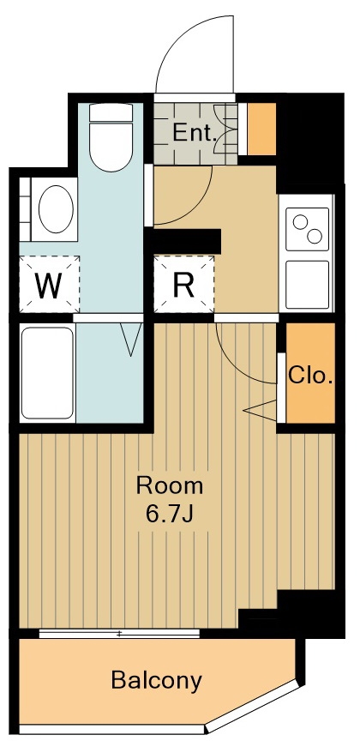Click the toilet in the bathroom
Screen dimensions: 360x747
(x=111, y=137)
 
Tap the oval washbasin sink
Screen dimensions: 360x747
(x=57, y=209)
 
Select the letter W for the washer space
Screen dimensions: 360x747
(x=49, y=285)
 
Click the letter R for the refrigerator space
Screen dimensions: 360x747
(x=183, y=285)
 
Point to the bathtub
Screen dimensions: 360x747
(x=47, y=372)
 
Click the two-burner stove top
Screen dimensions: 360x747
(x=307, y=229)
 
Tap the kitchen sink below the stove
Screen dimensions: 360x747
(x=307, y=285)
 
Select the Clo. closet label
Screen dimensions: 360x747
(x=310, y=377)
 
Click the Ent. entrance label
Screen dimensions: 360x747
(x=194, y=133)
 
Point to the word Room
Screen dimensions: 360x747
(x=170, y=486)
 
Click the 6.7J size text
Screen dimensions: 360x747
(x=170, y=514)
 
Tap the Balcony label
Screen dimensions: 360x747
(x=156, y=680)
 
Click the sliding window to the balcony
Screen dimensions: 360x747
(x=119, y=633)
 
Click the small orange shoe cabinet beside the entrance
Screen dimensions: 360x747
(x=262, y=129)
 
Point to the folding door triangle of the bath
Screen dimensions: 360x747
(x=131, y=340)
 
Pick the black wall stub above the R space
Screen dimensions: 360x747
(x=187, y=241)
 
